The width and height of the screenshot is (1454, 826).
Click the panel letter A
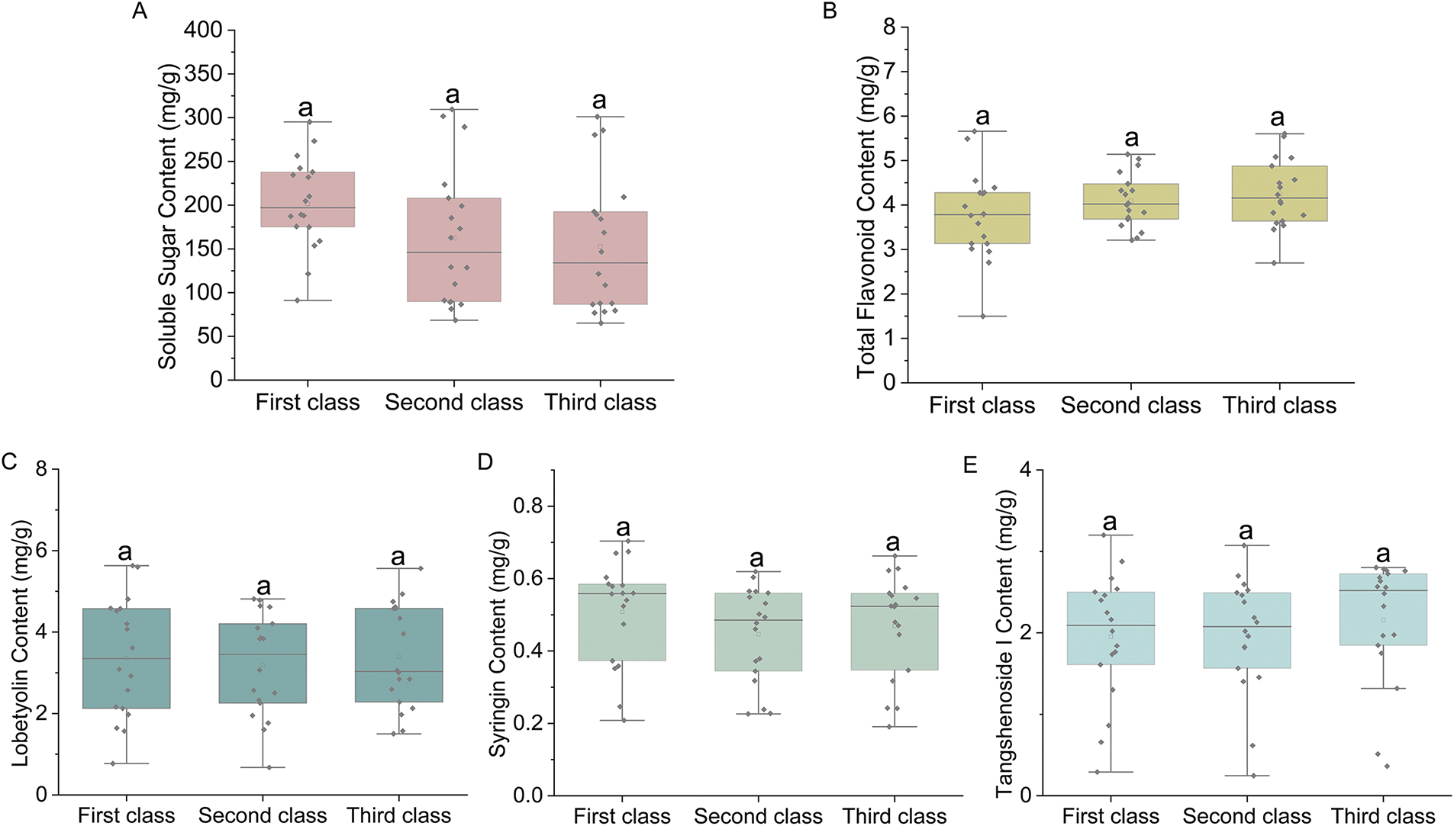[139, 11]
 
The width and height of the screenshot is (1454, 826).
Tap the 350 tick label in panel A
[203, 74]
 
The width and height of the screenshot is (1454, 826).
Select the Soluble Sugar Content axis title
[168, 217]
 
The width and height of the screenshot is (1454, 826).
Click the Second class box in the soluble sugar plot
[454, 249]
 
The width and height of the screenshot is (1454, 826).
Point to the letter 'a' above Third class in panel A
[600, 101]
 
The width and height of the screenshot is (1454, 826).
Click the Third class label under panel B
[1279, 405]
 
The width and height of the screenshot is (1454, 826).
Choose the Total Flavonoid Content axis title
[866, 217]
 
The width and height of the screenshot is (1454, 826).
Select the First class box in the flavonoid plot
[982, 218]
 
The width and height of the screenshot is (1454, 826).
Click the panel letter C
[9, 462]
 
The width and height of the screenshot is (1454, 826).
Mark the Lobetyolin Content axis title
[21, 643]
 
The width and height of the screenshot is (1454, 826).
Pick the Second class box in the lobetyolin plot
[263, 663]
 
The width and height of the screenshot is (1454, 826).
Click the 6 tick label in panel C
[41, 551]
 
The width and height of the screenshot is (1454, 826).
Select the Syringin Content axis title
[498, 644]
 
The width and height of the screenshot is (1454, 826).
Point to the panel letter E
[970, 464]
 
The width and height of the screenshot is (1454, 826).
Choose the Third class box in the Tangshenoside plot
[1383, 609]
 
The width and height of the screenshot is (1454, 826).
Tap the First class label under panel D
[622, 815]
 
